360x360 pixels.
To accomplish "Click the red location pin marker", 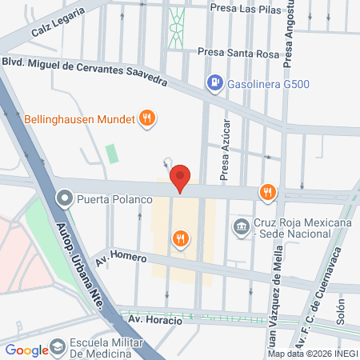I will (x=182, y=177).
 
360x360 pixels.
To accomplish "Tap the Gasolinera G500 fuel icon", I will (x=214, y=82).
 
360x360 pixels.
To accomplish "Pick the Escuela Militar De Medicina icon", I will (x=58, y=347).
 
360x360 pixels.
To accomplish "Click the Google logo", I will (x=27, y=350).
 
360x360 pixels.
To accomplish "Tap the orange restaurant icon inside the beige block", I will (x=182, y=237).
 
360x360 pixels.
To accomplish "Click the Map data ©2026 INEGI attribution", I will (x=312, y=354).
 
